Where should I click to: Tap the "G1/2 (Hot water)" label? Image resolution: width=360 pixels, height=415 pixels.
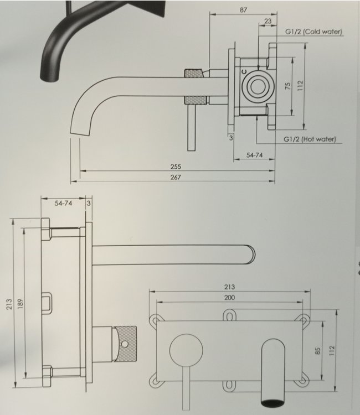click(x=310, y=139)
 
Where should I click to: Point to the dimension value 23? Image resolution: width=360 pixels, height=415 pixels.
click(x=268, y=22)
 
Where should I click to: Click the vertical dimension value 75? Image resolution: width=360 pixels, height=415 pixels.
click(x=287, y=86)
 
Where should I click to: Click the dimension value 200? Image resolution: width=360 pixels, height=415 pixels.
click(x=230, y=298)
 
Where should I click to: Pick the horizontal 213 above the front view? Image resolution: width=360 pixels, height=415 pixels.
click(x=229, y=287)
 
